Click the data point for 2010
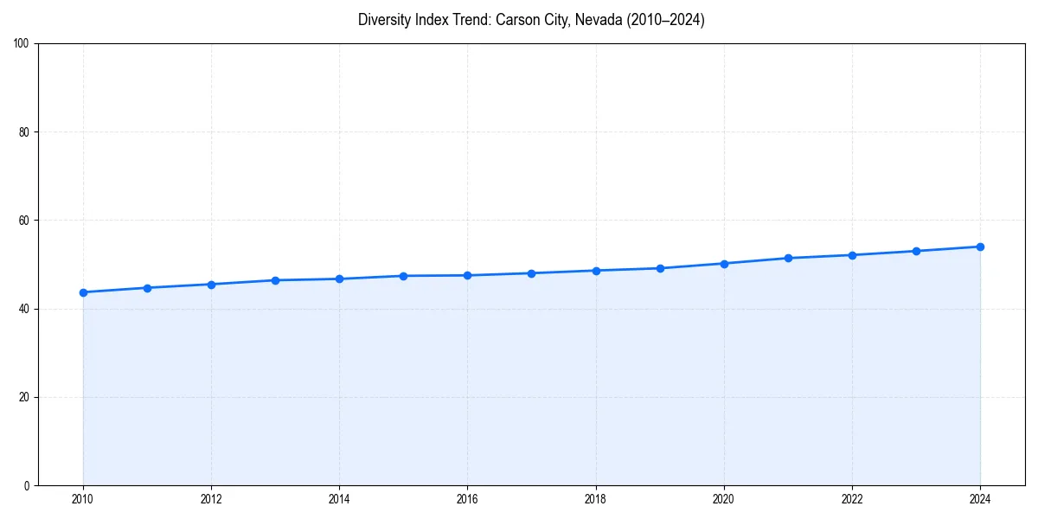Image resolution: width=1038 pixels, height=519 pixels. (x=83, y=292)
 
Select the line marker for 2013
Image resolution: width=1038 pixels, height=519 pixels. (x=275, y=280)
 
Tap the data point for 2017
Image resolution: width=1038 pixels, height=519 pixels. (x=531, y=273)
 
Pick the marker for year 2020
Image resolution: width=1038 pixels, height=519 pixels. (x=724, y=264)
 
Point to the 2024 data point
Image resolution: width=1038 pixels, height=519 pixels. (x=980, y=247)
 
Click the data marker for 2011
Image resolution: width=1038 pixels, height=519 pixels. (x=147, y=288)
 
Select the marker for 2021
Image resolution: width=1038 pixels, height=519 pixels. (x=788, y=258)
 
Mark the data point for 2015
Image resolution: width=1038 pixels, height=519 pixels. (x=403, y=276)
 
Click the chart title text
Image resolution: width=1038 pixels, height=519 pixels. (x=531, y=20)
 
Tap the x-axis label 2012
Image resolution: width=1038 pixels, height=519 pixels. (x=211, y=498)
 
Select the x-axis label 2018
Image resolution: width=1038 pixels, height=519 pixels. (x=595, y=498)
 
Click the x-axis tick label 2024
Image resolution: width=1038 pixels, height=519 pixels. (x=980, y=498)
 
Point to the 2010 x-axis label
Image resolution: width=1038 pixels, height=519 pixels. (x=83, y=498)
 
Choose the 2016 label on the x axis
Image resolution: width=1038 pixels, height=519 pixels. (x=467, y=498)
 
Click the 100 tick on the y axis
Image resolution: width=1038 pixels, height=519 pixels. (x=22, y=44)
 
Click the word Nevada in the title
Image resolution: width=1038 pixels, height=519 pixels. (x=597, y=20)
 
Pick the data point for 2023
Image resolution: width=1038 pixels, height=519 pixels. (x=916, y=251)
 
